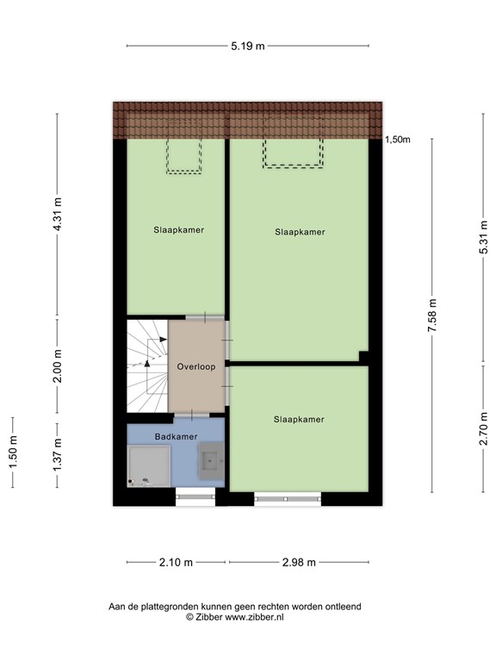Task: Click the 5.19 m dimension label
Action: tap(247, 46)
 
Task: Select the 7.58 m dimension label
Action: tap(433, 315)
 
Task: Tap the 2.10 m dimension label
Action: tap(177, 563)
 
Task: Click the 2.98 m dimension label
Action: tap(299, 563)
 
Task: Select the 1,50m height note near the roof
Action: tap(397, 139)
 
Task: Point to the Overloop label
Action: tap(195, 366)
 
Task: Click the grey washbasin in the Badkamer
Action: tap(211, 460)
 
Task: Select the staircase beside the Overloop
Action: tap(147, 366)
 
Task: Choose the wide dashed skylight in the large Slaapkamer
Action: tap(293, 153)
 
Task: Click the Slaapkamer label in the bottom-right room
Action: tap(299, 420)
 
